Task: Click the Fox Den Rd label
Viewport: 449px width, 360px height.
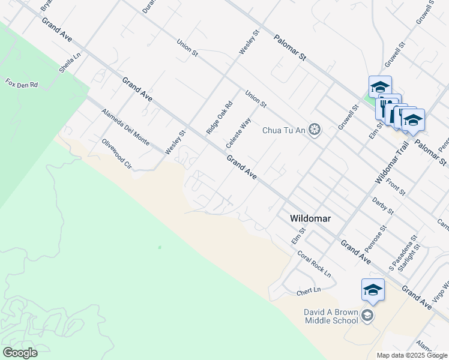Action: click(x=22, y=83)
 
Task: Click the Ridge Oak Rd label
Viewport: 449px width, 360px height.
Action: click(x=219, y=117)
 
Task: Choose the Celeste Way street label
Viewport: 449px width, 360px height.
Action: click(x=238, y=133)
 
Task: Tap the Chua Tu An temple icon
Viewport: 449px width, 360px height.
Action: click(x=315, y=130)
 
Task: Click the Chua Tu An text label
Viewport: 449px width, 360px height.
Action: click(x=285, y=130)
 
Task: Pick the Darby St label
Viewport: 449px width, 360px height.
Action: click(x=382, y=206)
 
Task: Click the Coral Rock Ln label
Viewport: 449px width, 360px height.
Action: click(x=315, y=263)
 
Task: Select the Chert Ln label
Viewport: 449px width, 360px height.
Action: click(x=309, y=292)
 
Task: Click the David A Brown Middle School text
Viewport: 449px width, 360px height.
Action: click(x=331, y=316)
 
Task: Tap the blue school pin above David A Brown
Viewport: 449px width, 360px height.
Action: click(x=373, y=290)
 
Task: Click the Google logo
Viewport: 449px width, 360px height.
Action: click(x=20, y=353)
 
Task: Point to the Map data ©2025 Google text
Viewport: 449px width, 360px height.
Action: click(x=411, y=355)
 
